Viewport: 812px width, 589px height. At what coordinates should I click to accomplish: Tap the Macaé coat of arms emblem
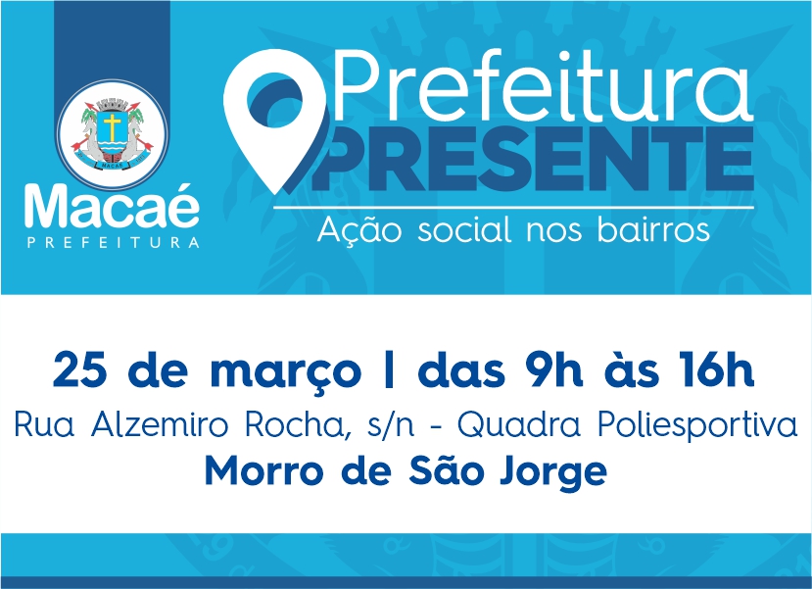112,132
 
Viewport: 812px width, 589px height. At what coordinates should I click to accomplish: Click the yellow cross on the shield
112,125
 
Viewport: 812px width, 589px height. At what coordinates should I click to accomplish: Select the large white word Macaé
112,206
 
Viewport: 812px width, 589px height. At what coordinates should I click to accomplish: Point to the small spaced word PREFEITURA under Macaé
114,242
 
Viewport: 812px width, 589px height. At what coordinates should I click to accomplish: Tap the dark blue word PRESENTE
533,158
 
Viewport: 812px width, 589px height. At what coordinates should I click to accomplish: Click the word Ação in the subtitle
359,229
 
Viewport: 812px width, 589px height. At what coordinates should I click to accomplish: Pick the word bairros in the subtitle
653,229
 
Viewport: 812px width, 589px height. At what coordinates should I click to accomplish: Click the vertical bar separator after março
390,369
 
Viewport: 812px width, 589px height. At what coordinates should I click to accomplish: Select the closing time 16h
715,369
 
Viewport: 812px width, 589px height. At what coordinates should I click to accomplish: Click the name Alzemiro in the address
160,425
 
